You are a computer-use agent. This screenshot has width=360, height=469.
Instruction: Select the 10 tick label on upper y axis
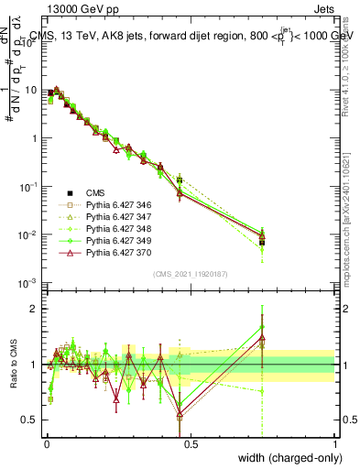click(30, 90)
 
